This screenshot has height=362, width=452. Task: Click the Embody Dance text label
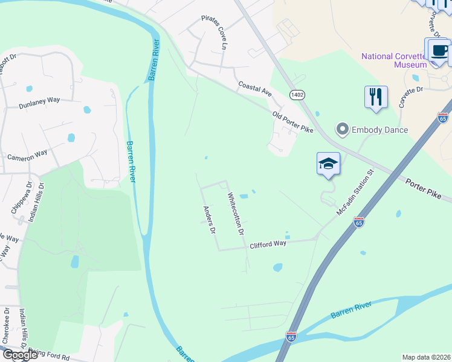click(379, 130)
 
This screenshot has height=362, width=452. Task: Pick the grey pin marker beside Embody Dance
click(343, 129)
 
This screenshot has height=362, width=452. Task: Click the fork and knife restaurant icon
click(376, 96)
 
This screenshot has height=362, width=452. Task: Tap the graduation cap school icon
click(328, 163)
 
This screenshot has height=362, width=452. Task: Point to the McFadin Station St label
click(355, 189)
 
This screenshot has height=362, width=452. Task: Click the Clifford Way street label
click(268, 244)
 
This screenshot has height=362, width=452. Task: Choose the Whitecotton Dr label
click(235, 213)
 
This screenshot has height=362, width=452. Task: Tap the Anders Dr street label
click(209, 220)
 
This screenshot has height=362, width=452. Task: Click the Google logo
click(19, 355)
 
